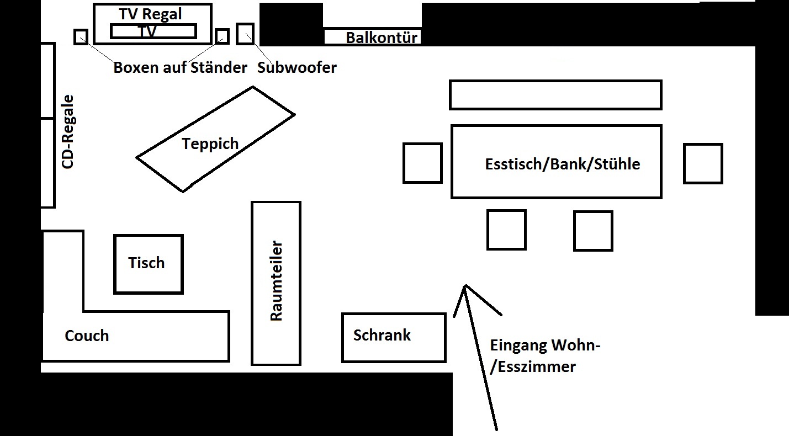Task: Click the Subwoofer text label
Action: click(x=297, y=67)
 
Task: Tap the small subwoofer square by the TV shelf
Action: click(x=245, y=34)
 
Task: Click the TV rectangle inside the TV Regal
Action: click(x=153, y=31)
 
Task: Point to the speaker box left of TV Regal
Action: click(x=81, y=36)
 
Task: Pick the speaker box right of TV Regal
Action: click(x=222, y=36)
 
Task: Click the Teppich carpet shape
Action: click(x=215, y=139)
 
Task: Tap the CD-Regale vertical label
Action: click(x=68, y=131)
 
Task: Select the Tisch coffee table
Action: click(x=148, y=264)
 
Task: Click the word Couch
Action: click(x=87, y=336)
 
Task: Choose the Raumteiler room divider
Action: click(x=276, y=283)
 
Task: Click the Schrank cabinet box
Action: click(x=393, y=337)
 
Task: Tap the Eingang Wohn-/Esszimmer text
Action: click(x=544, y=356)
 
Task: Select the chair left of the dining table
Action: click(x=422, y=163)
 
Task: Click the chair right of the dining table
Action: click(x=703, y=163)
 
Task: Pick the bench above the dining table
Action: click(x=555, y=95)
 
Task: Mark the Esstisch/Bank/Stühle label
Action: click(x=562, y=164)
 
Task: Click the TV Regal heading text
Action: click(x=150, y=14)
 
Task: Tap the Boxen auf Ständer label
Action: click(x=180, y=68)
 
